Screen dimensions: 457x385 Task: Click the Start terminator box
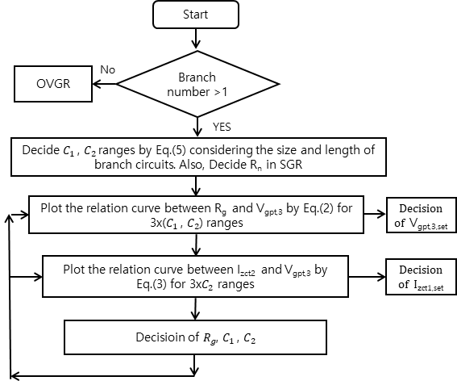coord(196,15)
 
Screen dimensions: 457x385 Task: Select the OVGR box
coord(53,84)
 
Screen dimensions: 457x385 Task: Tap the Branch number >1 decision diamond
coord(197,84)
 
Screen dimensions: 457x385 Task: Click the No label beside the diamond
coord(107,69)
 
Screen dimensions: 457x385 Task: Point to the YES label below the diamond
coord(222,127)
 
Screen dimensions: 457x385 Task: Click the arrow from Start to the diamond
coord(196,38)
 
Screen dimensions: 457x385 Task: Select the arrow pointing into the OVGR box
coord(105,84)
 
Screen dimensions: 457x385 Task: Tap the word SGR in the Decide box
coord(291,165)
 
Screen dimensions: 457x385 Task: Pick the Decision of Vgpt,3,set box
coord(422,216)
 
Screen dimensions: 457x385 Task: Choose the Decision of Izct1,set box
coord(422,277)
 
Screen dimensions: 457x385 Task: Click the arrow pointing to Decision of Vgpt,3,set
coord(375,214)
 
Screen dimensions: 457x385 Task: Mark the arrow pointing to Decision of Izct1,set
coord(367,277)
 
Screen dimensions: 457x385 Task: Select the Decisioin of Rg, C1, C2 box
coord(195,337)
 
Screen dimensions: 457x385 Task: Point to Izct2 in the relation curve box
coord(247,270)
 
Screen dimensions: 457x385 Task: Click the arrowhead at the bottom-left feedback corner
coord(14,376)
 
